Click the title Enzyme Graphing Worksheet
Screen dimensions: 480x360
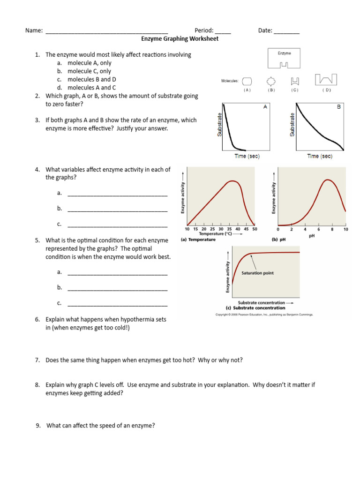coord(180,39)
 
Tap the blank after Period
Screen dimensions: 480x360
coord(223,31)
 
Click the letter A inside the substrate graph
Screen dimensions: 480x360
coord(265,107)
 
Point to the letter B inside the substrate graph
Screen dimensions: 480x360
coord(339,107)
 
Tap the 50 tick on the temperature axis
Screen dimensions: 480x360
coord(255,229)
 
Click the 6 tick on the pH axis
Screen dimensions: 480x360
coord(319,229)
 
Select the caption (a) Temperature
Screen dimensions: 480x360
coord(198,240)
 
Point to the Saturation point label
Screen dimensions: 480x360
coord(257,273)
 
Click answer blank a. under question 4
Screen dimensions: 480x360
coord(117,194)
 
